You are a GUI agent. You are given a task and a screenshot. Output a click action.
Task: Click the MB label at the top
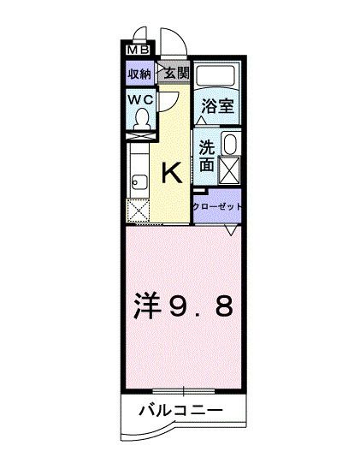[x=136, y=50]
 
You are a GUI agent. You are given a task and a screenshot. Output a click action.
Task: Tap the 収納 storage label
[x=140, y=74]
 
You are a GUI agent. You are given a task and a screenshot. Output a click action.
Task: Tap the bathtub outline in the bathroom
[x=217, y=74]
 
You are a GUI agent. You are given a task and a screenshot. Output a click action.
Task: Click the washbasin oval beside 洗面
[x=229, y=143]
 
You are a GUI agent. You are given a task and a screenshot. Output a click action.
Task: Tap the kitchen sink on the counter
[x=139, y=181]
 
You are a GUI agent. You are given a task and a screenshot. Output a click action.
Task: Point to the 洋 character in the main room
[x=147, y=306]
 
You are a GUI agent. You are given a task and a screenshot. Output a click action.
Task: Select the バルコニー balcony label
[x=181, y=412]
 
